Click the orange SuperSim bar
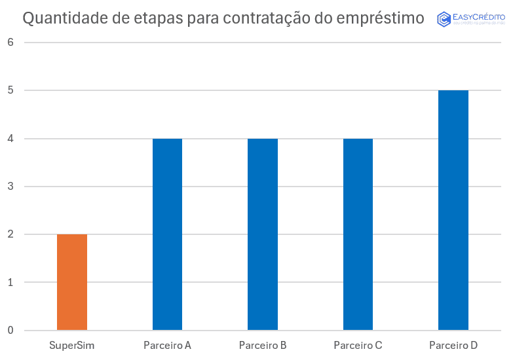pyautogui.click(x=72, y=282)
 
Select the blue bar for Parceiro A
pyautogui.click(x=167, y=234)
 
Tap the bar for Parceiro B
pyautogui.click(x=263, y=234)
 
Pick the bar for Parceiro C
pyautogui.click(x=358, y=234)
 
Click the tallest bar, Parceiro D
pyautogui.click(x=453, y=210)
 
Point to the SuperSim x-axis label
pyautogui.click(x=72, y=345)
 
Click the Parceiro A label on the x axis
pyautogui.click(x=167, y=345)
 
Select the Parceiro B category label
pyautogui.click(x=263, y=345)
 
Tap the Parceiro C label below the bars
pyautogui.click(x=358, y=345)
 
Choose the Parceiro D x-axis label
pyautogui.click(x=453, y=345)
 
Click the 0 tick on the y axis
pyautogui.click(x=10, y=331)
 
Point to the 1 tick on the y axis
pyautogui.click(x=10, y=283)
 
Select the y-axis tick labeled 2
pyautogui.click(x=10, y=234)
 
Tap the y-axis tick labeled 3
pyautogui.click(x=10, y=187)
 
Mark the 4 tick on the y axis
pyautogui.click(x=10, y=139)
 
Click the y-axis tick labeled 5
pyautogui.click(x=10, y=90)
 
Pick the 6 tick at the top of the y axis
pyautogui.click(x=10, y=43)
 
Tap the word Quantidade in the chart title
pyautogui.click(x=64, y=18)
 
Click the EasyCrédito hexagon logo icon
pyautogui.click(x=444, y=19)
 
